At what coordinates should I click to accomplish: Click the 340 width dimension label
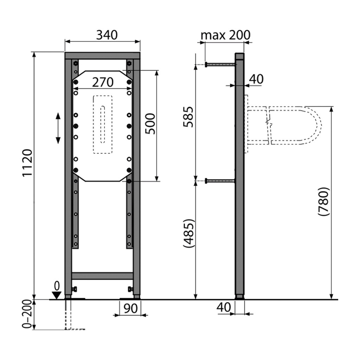(107, 35)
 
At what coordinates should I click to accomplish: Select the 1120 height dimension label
(27, 163)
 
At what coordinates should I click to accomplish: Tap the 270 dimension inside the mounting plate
(103, 82)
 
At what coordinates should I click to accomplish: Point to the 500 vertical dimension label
(150, 123)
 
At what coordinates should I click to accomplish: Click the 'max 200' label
(225, 35)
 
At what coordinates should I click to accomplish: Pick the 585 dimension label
(188, 117)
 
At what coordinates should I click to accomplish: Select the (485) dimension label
(189, 233)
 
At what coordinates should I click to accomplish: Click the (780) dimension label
(324, 201)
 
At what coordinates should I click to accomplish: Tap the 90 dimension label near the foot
(130, 308)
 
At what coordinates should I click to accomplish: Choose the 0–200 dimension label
(27, 314)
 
